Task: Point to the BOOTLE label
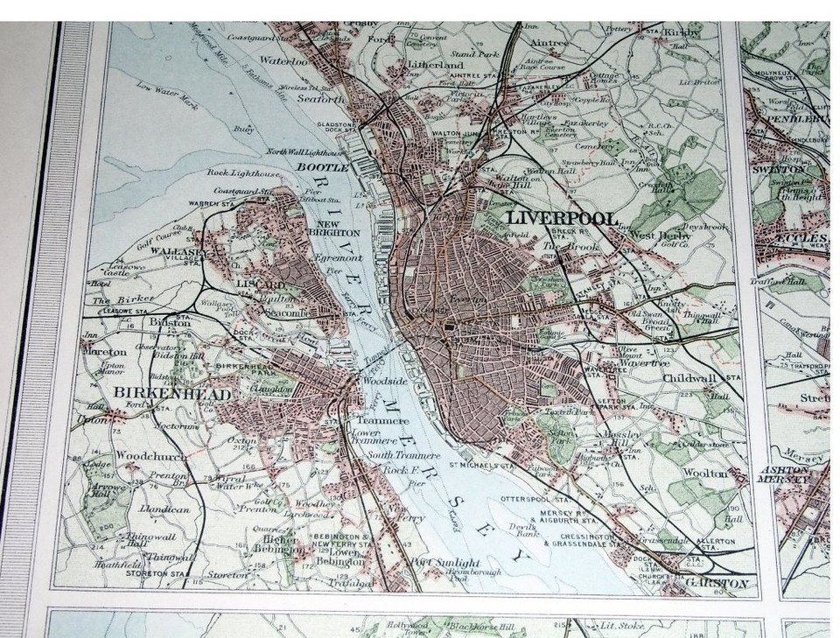click(x=317, y=165)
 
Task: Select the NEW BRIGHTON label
click(x=333, y=228)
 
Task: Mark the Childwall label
click(x=689, y=378)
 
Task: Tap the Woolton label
click(x=706, y=473)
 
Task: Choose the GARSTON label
click(x=717, y=582)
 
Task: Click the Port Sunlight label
click(x=444, y=563)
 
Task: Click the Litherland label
click(x=435, y=64)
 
